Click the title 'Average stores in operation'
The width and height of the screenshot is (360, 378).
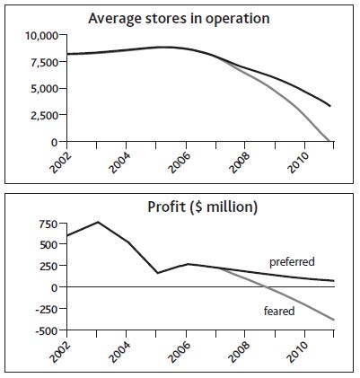179,19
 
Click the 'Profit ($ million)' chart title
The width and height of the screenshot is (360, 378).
203,207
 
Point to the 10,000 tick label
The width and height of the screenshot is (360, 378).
41,36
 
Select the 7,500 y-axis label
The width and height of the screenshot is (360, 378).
44,62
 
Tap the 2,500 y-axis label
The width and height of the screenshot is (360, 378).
44,115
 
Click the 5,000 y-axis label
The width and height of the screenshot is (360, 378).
44,89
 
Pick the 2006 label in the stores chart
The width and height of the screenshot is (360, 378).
180,163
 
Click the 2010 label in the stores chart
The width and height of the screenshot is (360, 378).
298,163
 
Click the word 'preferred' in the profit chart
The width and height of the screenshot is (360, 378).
292,262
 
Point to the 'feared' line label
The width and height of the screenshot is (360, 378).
279,312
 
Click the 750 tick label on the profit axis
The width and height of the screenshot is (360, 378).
48,224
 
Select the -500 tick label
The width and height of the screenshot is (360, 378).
47,330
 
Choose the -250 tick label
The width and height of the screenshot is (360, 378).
47,309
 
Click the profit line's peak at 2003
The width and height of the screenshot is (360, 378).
98,222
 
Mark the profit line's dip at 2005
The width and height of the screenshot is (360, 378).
156,273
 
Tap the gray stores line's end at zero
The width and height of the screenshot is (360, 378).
329,141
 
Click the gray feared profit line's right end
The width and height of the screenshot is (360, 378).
334,320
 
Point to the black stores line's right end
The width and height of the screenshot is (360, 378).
330,106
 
